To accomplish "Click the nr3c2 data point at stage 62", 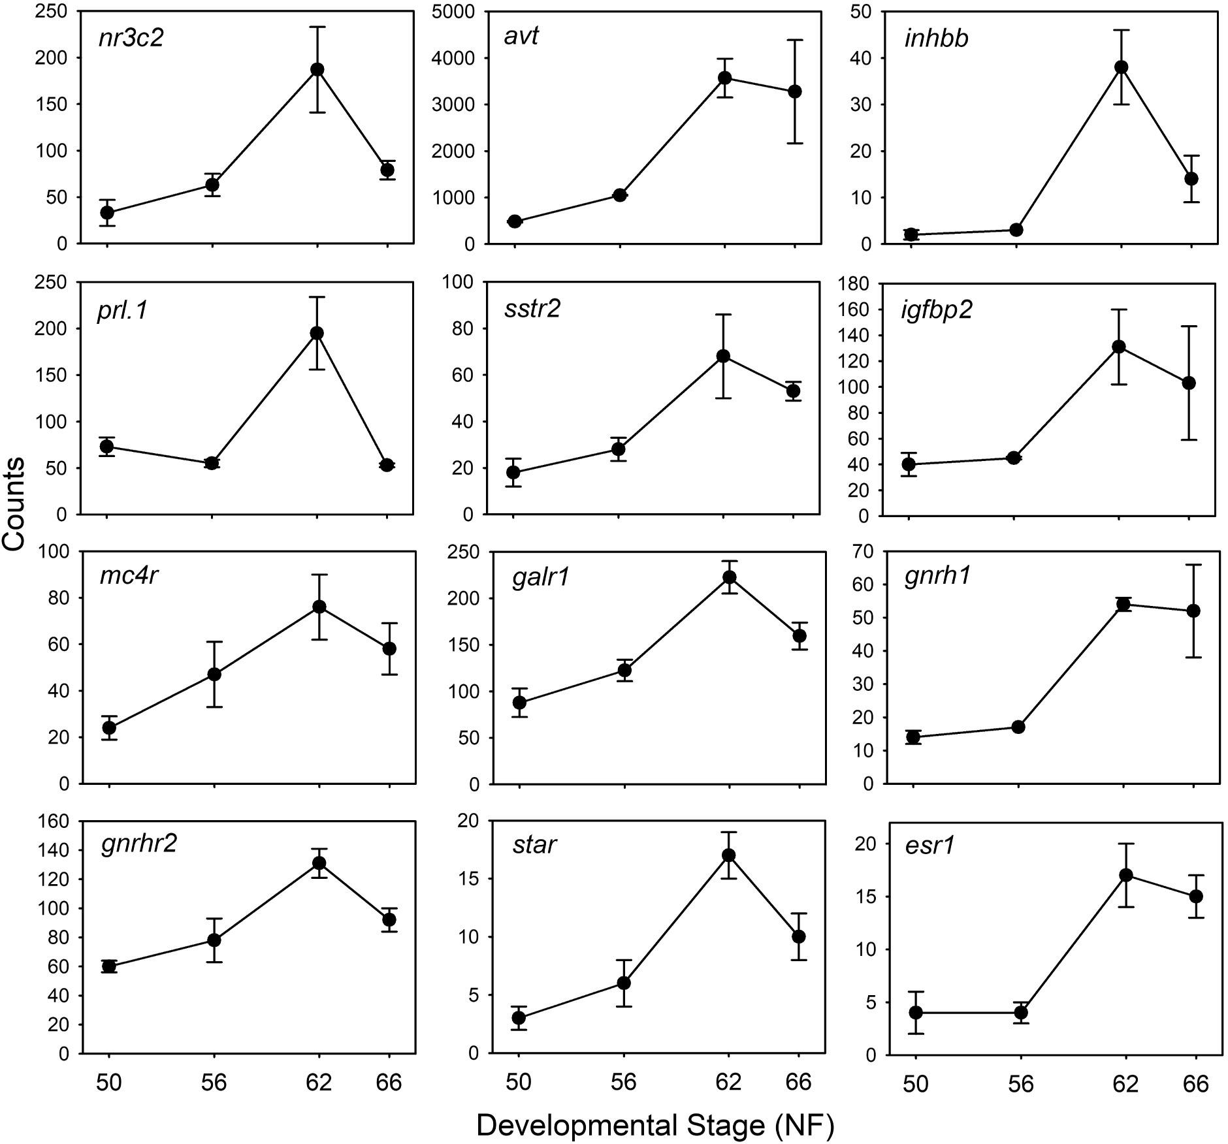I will tap(317, 69).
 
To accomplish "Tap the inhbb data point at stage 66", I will tap(1191, 178).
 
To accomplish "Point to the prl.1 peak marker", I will tap(317, 333).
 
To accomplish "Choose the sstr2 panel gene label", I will tap(532, 309).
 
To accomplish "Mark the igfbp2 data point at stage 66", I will tap(1189, 383).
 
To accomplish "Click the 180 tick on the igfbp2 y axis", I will tap(854, 284).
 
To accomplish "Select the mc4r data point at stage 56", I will tap(214, 675).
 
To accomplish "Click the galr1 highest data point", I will tap(729, 577).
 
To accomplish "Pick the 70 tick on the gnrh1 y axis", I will tap(861, 552).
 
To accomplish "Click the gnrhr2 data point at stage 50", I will tap(109, 966).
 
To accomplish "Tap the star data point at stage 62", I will tap(729, 855).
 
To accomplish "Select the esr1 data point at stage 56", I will tap(1021, 1013).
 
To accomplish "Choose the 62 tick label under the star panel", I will tap(728, 1083).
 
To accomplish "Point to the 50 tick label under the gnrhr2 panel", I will tap(109, 1083).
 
